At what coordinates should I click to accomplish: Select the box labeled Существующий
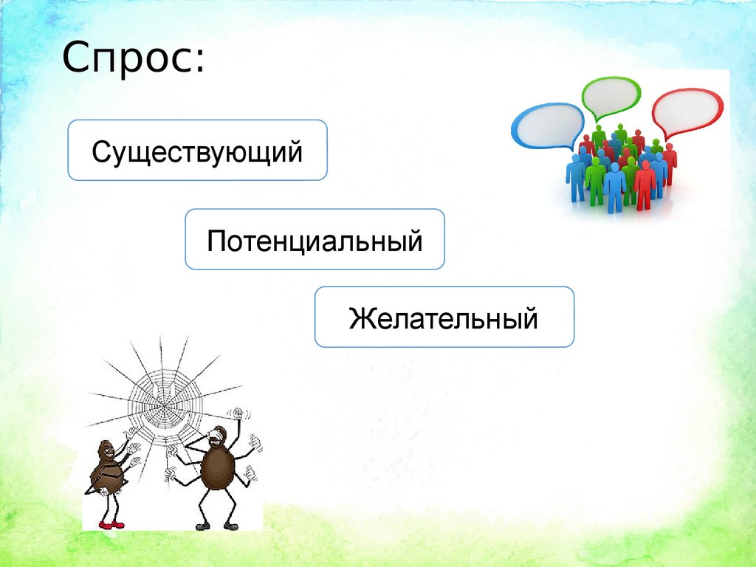[x=197, y=150]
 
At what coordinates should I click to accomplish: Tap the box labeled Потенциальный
[x=315, y=239]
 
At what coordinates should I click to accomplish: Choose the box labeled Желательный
[x=444, y=317]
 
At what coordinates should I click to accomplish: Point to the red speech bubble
[x=687, y=110]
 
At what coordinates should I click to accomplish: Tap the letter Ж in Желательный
[x=360, y=317]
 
